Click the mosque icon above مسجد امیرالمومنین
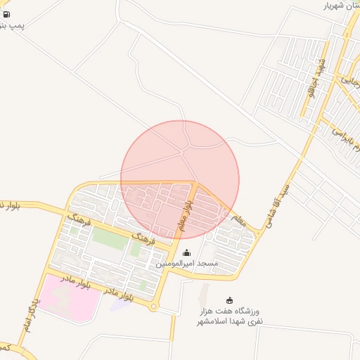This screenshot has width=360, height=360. [x=186, y=253]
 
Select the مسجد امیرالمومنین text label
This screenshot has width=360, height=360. [x=187, y=264]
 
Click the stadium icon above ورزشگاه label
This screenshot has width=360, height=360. [x=229, y=300]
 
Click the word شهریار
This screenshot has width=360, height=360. [x=335, y=6]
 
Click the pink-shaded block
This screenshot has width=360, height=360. [x=67, y=297]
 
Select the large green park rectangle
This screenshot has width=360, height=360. [x=110, y=239]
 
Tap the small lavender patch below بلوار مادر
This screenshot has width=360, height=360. [x=120, y=303]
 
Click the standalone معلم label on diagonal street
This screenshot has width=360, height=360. [x=238, y=220]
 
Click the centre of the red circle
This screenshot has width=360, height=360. [x=180, y=180]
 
